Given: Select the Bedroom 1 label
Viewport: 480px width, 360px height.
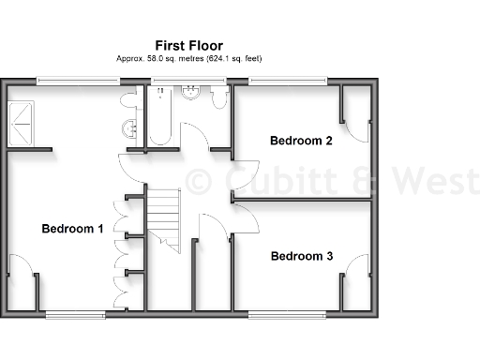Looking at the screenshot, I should [x=72, y=228].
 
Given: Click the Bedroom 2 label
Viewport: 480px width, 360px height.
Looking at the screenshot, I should [x=301, y=142].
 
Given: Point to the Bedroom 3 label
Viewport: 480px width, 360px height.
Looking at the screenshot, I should [x=302, y=255].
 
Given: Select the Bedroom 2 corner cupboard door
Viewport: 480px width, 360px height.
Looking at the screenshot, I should [x=354, y=121].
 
